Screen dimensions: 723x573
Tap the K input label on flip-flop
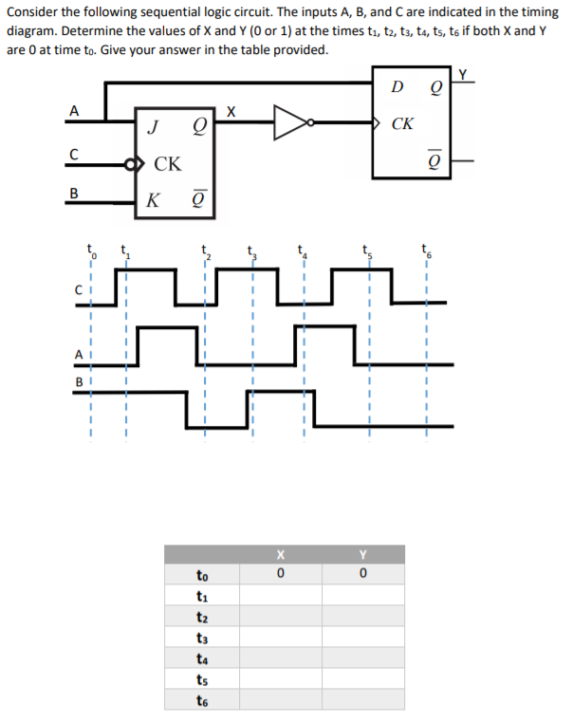click(x=154, y=200)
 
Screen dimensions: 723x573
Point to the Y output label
click(x=463, y=75)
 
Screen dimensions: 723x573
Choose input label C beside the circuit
click(x=74, y=152)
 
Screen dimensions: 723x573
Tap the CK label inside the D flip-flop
click(x=402, y=123)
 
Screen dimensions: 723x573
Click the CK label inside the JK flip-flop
click(x=169, y=163)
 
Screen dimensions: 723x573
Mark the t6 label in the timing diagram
click(x=427, y=251)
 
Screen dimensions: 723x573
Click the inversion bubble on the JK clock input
click(x=130, y=162)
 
